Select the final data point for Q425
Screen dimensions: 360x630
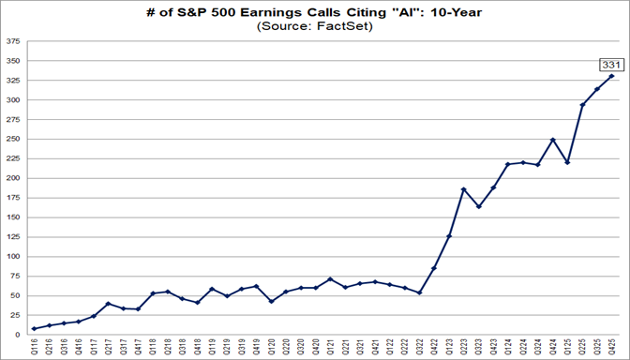(x=612, y=76)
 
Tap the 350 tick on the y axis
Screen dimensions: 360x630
(x=14, y=61)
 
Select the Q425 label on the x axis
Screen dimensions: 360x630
(x=612, y=347)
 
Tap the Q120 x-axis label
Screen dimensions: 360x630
(x=271, y=347)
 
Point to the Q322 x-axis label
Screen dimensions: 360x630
(x=419, y=347)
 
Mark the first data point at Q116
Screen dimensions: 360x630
(x=35, y=328)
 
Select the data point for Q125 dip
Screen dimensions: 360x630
(x=567, y=162)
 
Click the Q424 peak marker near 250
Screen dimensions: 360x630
(x=553, y=140)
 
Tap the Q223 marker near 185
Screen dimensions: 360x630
(x=464, y=189)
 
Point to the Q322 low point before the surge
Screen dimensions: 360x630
(x=419, y=292)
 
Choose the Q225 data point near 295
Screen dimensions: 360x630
(x=582, y=104)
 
